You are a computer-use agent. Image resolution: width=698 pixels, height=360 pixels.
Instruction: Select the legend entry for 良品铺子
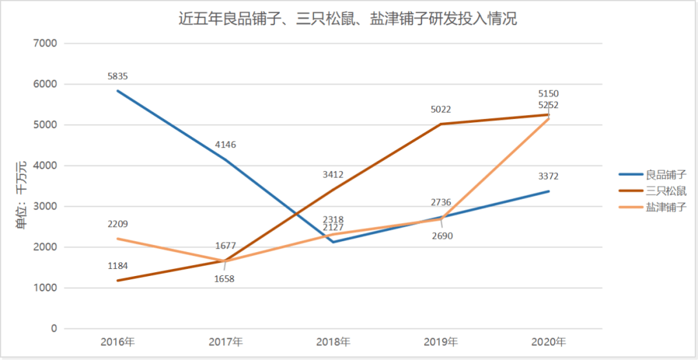665,175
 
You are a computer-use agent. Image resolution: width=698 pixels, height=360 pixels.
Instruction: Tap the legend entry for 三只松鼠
665,191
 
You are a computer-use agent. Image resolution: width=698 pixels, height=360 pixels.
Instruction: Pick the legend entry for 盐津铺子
665,207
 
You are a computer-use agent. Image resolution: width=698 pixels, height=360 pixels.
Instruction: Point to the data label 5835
118,76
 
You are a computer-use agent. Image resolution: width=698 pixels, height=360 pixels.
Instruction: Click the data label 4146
226,145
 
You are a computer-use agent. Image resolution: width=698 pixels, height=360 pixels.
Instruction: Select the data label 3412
333,175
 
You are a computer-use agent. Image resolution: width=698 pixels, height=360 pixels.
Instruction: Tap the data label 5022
441,110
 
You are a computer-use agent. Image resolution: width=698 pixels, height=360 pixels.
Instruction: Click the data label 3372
549,176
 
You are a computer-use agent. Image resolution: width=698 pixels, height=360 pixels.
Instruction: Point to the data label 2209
118,224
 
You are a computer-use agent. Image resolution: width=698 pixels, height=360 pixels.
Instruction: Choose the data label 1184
118,266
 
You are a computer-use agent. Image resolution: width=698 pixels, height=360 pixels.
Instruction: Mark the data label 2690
443,236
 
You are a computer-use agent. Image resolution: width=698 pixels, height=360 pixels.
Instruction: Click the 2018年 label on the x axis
333,341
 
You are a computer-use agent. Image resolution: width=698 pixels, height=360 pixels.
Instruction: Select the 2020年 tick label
549,341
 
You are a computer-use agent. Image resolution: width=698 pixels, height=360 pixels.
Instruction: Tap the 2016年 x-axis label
118,341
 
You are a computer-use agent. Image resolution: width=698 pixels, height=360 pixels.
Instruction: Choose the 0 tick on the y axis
54,329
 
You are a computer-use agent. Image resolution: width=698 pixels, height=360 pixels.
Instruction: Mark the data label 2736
441,203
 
